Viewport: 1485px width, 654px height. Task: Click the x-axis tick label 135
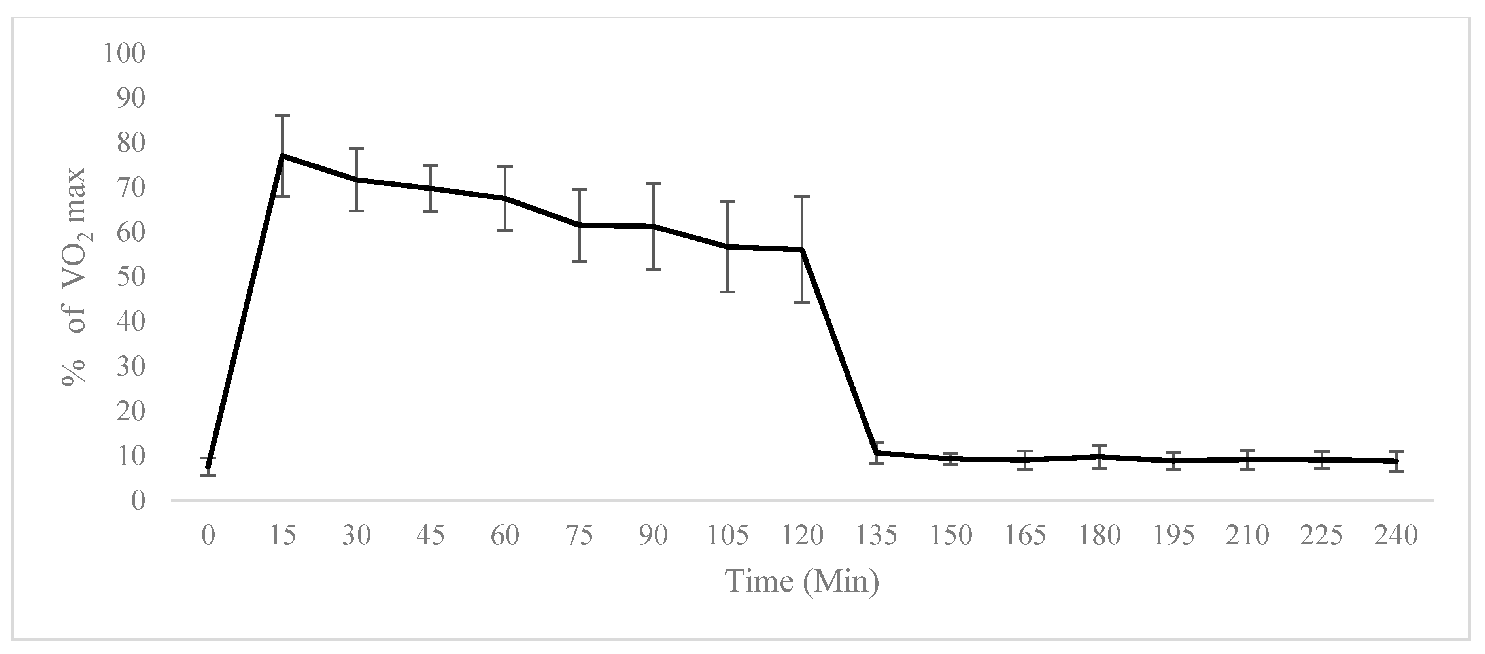[x=876, y=536]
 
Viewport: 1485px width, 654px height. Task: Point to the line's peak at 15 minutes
[x=282, y=156]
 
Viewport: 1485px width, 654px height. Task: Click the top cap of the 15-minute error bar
[x=282, y=116]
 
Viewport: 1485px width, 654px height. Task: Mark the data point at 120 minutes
[x=802, y=249]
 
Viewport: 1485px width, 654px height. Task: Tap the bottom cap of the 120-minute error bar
[x=802, y=302]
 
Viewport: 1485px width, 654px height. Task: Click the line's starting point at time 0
[x=208, y=467]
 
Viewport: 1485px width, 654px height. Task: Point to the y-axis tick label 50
[x=131, y=277]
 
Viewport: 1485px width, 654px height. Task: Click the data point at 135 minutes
[x=876, y=453]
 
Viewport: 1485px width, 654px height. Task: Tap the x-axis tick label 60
[x=505, y=536]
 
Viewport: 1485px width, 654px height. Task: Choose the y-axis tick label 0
[x=138, y=501]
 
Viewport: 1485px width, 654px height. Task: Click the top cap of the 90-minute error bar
[x=653, y=183]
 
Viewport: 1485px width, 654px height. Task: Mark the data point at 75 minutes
[x=579, y=225]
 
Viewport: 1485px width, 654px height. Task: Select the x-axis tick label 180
[x=1100, y=536]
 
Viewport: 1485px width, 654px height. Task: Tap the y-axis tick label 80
[x=131, y=143]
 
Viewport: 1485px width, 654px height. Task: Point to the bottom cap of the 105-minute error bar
[x=727, y=292]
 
